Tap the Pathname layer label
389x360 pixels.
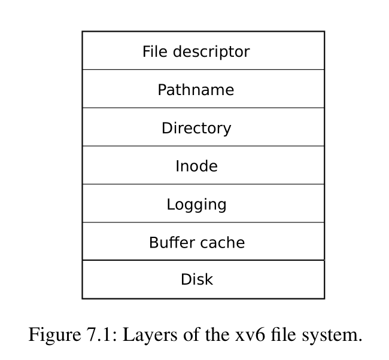pyautogui.click(x=196, y=90)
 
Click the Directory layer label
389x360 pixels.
pyautogui.click(x=196, y=128)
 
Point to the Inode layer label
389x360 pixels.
pyautogui.click(x=196, y=166)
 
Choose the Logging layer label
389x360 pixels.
pyautogui.click(x=196, y=205)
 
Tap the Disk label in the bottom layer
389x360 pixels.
pyautogui.click(x=196, y=279)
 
